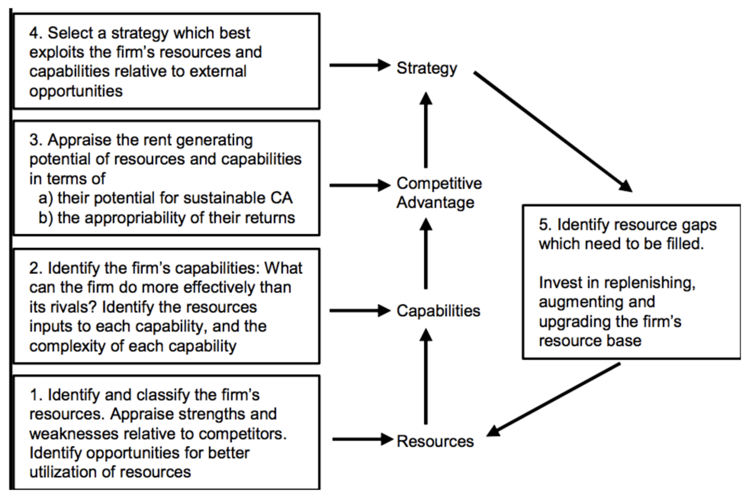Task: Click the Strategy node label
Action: pos(427,69)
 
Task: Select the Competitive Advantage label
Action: pos(439,193)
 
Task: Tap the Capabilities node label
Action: pos(439,311)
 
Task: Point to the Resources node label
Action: pos(435,441)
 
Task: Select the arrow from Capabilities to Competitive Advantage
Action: pos(426,254)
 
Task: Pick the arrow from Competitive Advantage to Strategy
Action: pos(426,129)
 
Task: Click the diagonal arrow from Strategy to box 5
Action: pos(552,132)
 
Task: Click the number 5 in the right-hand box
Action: pos(543,225)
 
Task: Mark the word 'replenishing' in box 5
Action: pos(648,283)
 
